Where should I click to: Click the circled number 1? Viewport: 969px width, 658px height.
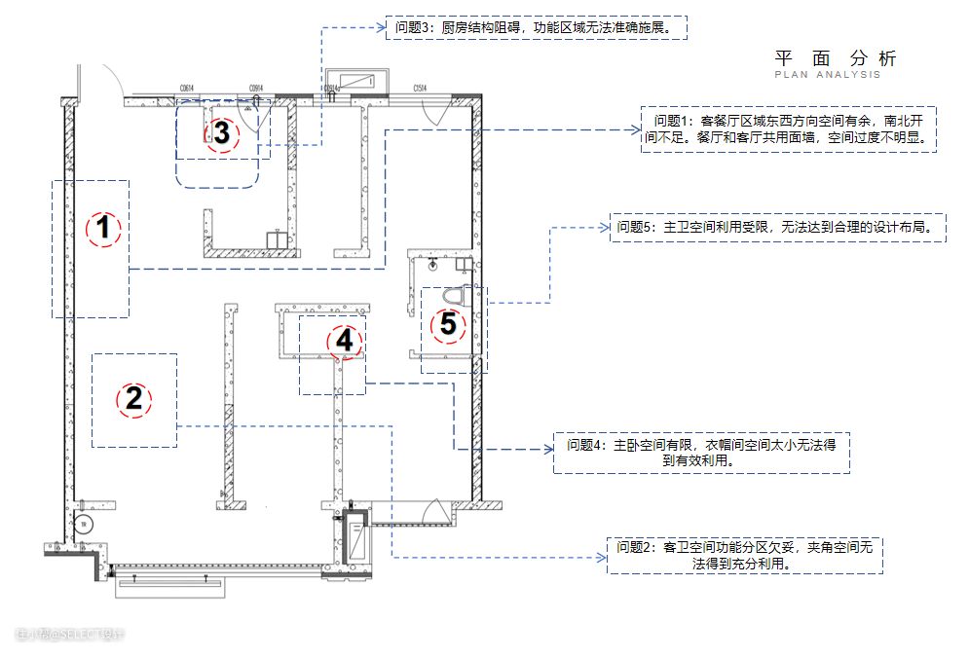click(x=102, y=230)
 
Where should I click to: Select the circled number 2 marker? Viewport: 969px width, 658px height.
click(x=134, y=398)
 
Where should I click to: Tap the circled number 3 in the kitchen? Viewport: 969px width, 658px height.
click(x=222, y=133)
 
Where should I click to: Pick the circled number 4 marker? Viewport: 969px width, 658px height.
click(x=343, y=341)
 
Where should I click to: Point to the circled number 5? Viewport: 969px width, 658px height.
click(x=448, y=324)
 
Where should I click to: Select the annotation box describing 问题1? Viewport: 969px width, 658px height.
click(x=788, y=129)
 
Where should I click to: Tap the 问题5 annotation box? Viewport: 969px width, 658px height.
click(x=777, y=228)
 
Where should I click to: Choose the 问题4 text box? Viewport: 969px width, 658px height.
click(x=700, y=453)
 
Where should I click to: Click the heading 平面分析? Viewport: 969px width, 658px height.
click(x=835, y=57)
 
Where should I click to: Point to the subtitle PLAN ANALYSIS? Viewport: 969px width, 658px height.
click(x=828, y=75)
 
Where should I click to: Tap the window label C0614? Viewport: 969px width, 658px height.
click(x=187, y=89)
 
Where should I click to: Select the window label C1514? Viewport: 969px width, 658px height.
click(x=421, y=89)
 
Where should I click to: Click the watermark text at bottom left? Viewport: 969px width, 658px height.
click(x=70, y=635)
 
